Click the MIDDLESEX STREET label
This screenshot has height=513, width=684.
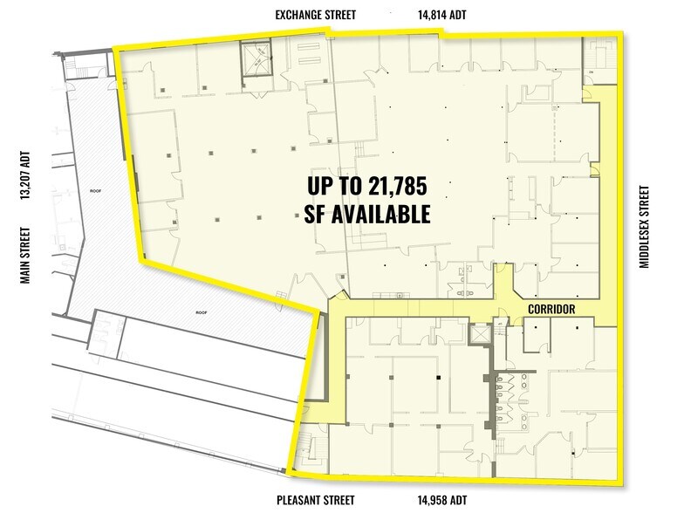(x=646, y=226)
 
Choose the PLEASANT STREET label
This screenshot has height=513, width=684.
(x=318, y=500)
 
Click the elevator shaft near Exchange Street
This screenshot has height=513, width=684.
(x=257, y=59)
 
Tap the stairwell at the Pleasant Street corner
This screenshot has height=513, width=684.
(x=307, y=450)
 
